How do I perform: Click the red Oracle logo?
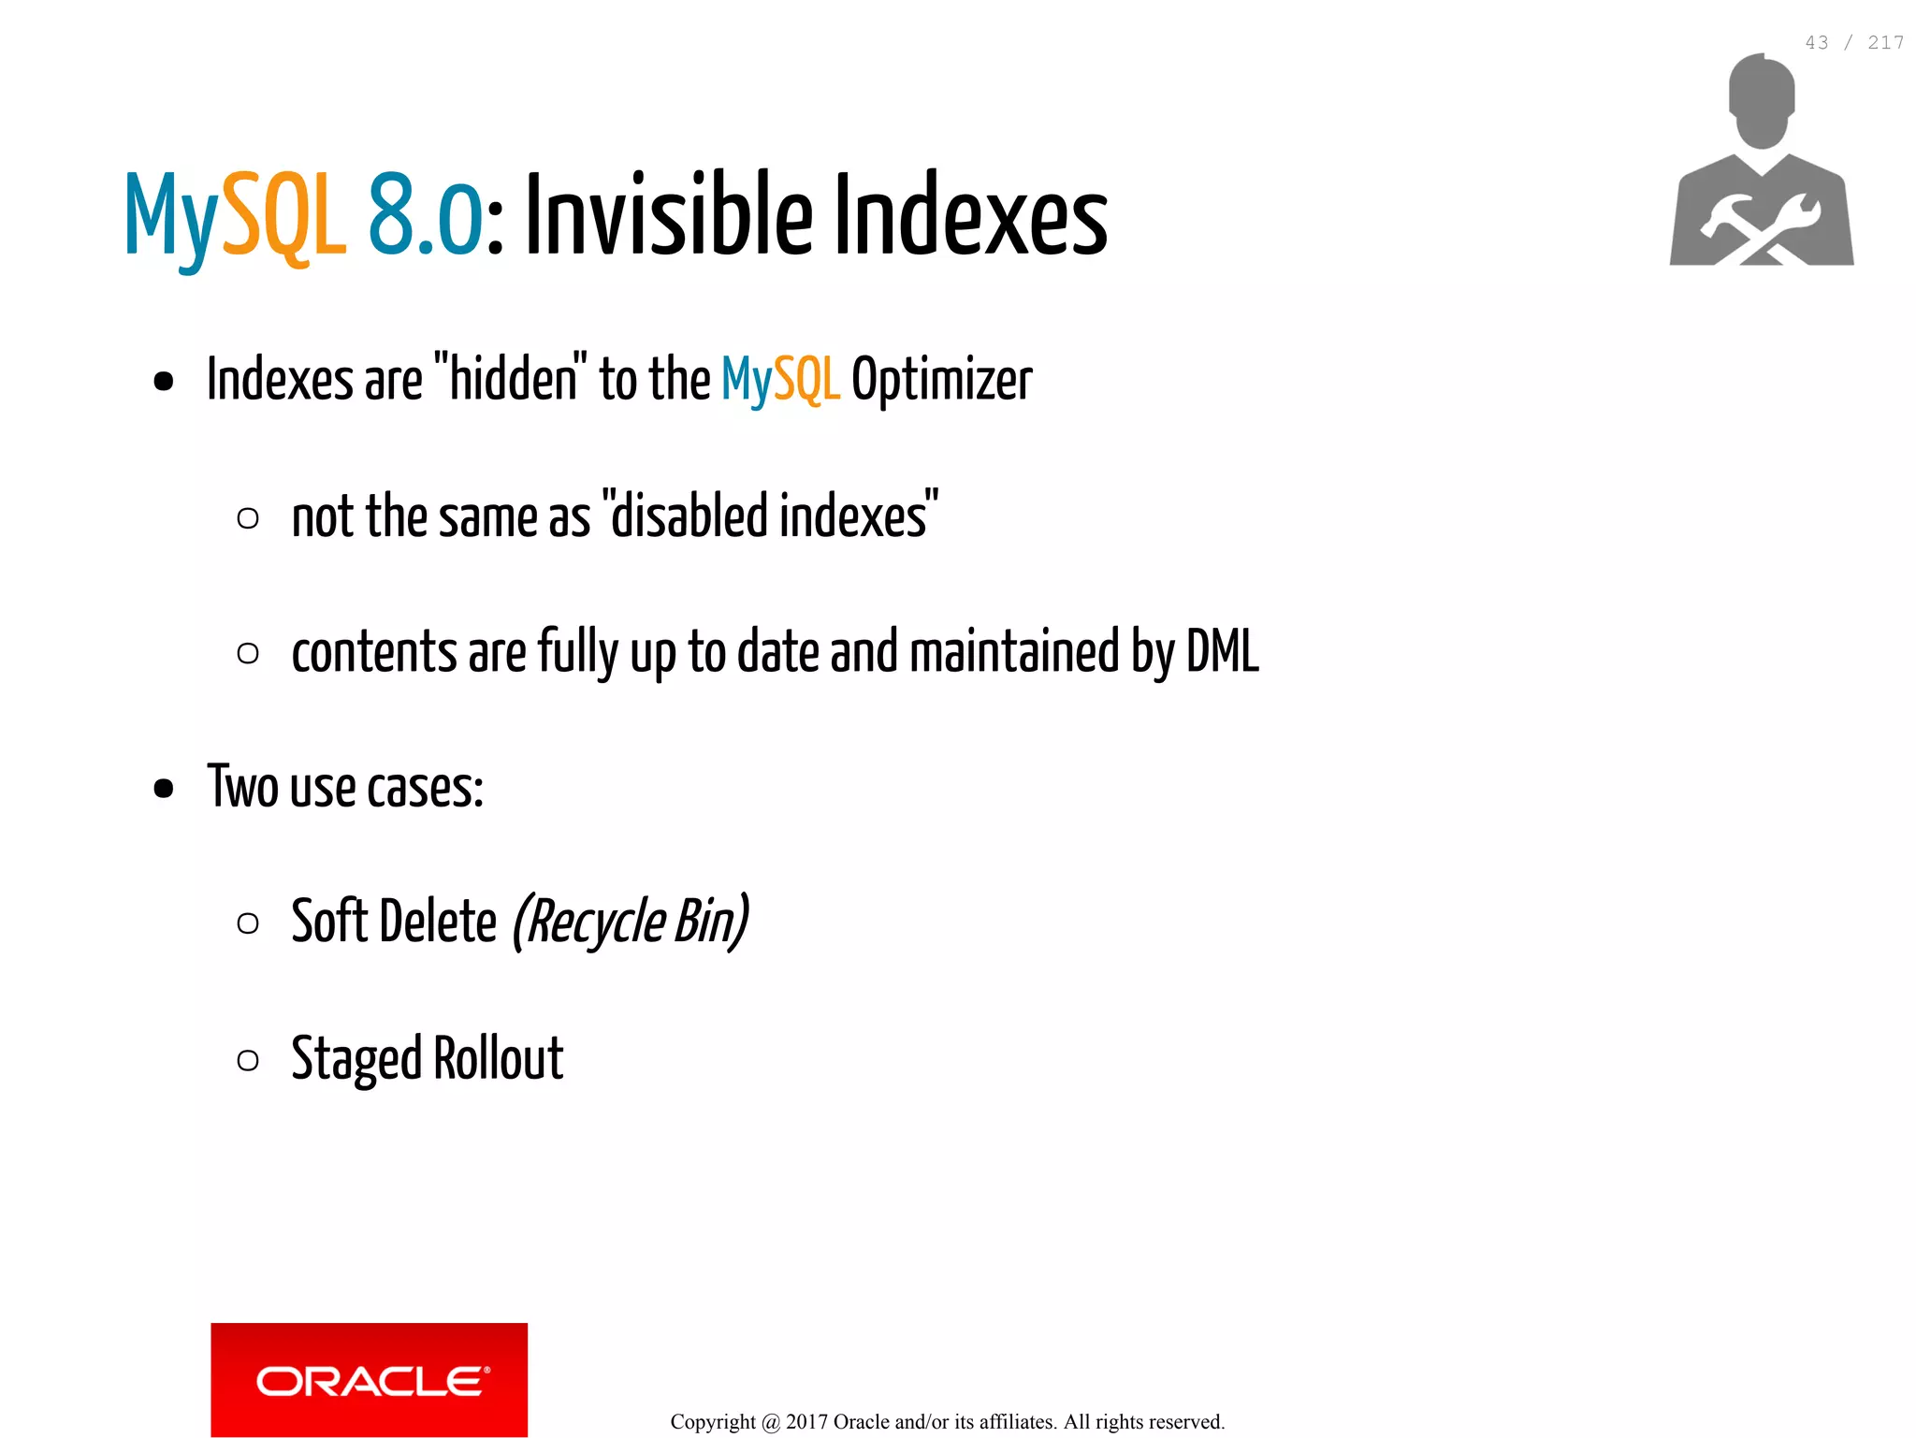click(369, 1378)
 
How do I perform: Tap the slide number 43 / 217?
click(1853, 43)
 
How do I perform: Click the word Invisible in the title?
click(668, 216)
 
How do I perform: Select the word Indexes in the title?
click(969, 216)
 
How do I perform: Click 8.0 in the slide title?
click(425, 216)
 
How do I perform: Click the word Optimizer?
click(941, 380)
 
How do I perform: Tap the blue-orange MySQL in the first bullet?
click(780, 380)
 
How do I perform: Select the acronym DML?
click(1222, 651)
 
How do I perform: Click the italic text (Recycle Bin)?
click(630, 922)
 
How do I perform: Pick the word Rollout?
click(499, 1058)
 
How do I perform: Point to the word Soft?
click(329, 922)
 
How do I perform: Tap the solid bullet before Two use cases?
click(164, 788)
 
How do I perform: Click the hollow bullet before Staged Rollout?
click(248, 1060)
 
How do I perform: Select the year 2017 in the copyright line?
click(806, 1422)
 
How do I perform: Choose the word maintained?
click(1014, 651)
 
